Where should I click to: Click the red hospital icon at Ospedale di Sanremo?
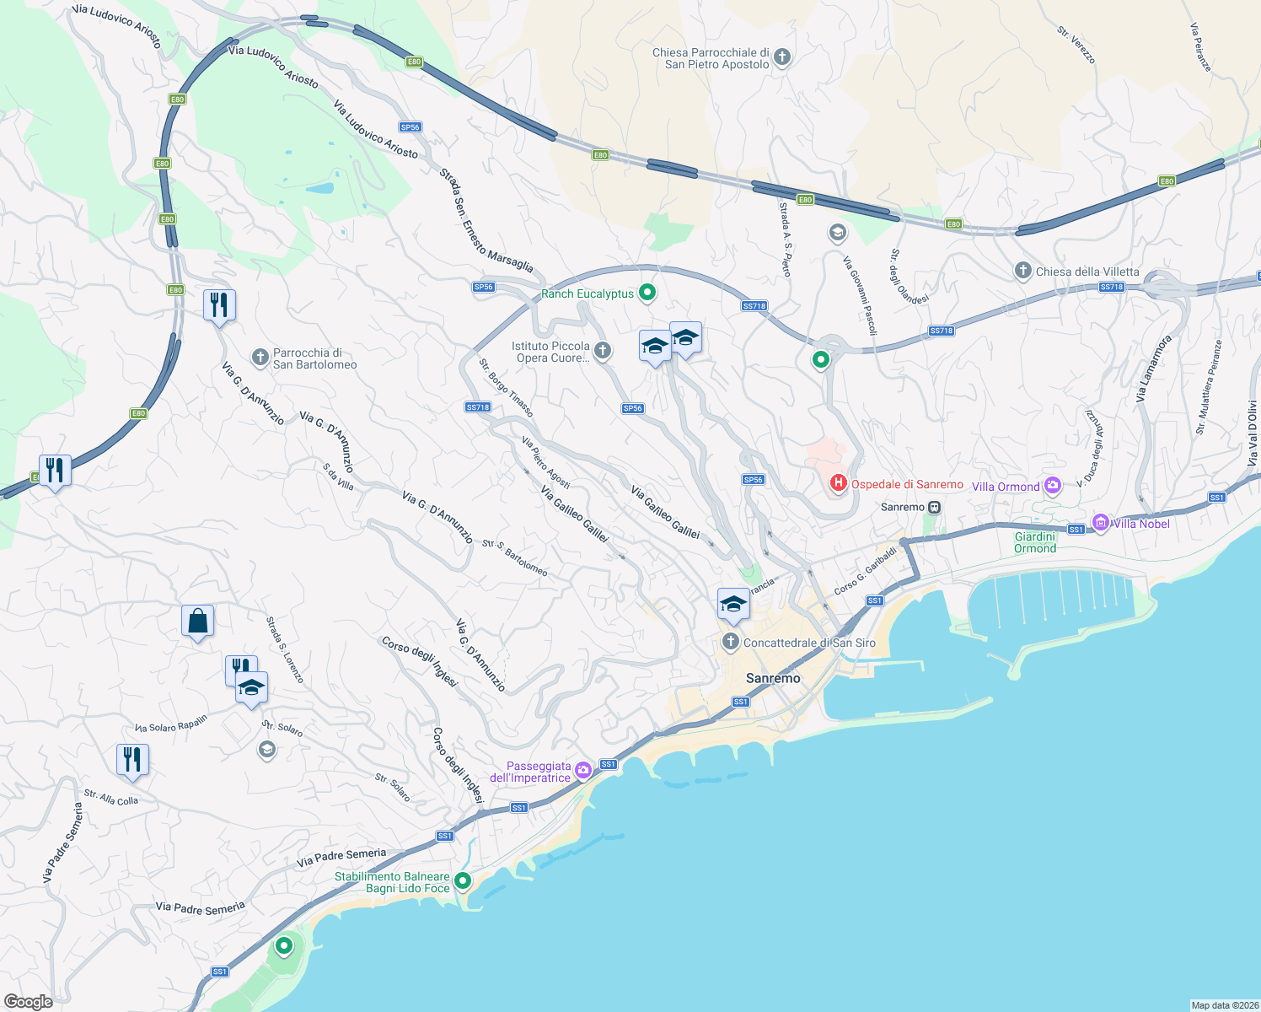pos(838,483)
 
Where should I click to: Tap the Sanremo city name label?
pos(773,678)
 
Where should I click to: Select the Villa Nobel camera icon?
pos(1100,523)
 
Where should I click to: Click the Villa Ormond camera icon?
pos(1052,486)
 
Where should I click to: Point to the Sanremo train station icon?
pos(934,507)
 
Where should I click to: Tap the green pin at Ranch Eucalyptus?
pos(647,293)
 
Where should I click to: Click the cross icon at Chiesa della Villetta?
pos(1022,271)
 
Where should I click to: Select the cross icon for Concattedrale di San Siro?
pos(730,643)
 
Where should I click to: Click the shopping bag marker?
pos(197,622)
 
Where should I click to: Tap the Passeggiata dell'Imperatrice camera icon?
pos(582,770)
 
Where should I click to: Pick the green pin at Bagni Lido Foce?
pos(462,881)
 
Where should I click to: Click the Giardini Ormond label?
pos(1035,542)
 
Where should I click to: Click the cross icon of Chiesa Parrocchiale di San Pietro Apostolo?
pos(782,57)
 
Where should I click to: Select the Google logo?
pos(28,1001)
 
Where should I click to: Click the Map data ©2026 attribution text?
pos(1224,1004)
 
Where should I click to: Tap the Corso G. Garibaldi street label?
pos(865,572)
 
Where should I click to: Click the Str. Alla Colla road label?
pos(110,797)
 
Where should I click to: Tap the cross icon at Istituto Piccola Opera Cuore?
pos(602,351)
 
